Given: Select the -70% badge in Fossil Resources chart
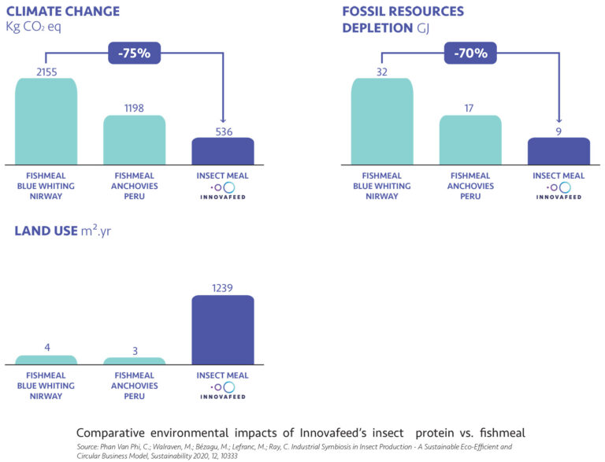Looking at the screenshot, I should [470, 54].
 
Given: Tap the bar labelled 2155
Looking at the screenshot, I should [46, 121].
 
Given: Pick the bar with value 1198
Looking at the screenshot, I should [135, 140].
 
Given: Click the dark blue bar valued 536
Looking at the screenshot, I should [223, 151].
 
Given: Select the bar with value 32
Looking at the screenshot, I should [382, 121].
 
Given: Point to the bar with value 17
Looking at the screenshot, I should [470, 140].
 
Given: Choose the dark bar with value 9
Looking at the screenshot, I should [559, 151].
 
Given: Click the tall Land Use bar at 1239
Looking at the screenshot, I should [223, 330].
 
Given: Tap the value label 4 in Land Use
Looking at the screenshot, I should [46, 347].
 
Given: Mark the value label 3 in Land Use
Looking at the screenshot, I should [135, 349].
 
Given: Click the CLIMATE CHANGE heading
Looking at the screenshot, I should [63, 12].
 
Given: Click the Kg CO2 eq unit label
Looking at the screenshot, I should [33, 28].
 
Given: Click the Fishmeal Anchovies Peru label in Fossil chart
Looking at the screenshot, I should [470, 186].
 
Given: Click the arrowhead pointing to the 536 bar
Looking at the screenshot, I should [223, 120].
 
